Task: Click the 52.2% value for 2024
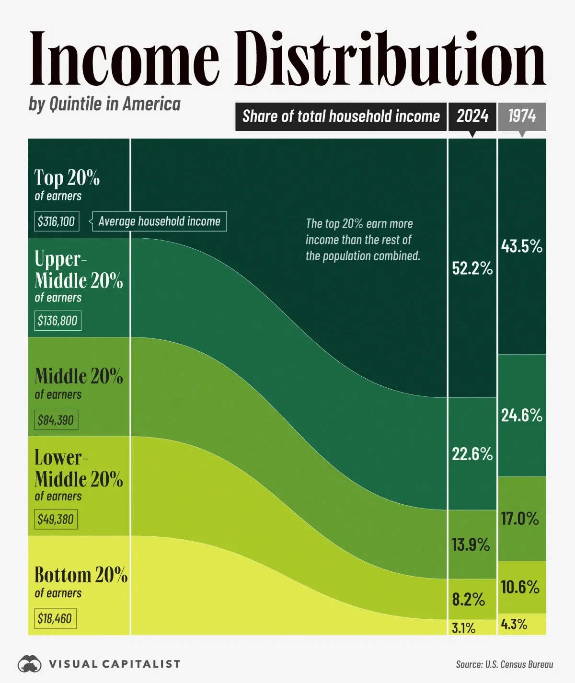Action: pos(472,268)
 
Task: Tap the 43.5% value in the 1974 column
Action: pos(521,246)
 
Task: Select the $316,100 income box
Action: pos(57,221)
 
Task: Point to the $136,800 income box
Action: pos(57,321)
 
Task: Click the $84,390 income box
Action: pos(56,420)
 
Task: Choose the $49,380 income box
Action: pos(56,519)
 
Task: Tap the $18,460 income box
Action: pos(55,618)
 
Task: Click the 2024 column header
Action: pos(472,116)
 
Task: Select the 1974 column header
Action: pos(522,116)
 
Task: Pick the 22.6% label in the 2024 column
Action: pos(472,454)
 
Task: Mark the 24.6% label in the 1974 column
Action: pos(521,415)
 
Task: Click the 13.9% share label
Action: pos(471,545)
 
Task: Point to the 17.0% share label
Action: pos(520,519)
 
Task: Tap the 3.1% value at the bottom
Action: pos(463,628)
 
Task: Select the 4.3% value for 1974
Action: pos(514,624)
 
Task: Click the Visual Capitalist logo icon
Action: pos(30,664)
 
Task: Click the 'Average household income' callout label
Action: pos(159,221)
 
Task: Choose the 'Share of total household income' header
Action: pos(341,116)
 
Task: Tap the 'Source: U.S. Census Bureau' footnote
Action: pos(504,664)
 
